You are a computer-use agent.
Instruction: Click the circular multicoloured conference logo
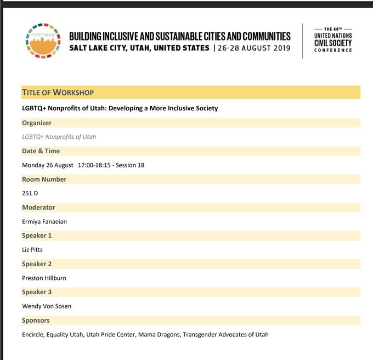[43, 41]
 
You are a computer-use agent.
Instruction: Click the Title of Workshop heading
[58, 92]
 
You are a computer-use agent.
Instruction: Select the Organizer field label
[37, 123]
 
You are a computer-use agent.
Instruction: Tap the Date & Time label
[41, 151]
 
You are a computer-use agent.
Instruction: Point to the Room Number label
[44, 179]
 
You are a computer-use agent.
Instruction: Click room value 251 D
[30, 193]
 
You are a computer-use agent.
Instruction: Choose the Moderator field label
[38, 207]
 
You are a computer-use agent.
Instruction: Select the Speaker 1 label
[37, 235]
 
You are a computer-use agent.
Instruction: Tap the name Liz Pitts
[33, 250]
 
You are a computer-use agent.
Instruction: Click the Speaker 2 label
[37, 264]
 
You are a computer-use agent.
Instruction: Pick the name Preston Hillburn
[44, 278]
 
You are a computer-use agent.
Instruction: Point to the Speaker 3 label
[37, 292]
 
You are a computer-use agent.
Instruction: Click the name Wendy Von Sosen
[47, 306]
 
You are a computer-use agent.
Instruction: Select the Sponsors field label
[36, 320]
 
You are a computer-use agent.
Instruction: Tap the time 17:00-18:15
[97, 165]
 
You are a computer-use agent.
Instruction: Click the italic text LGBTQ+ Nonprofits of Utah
[59, 137]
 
